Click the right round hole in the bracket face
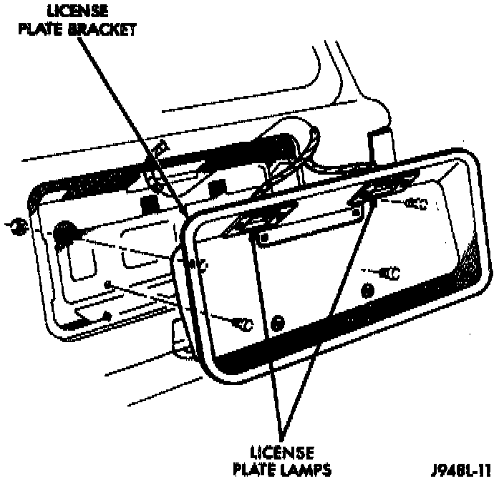coord(368,290)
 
